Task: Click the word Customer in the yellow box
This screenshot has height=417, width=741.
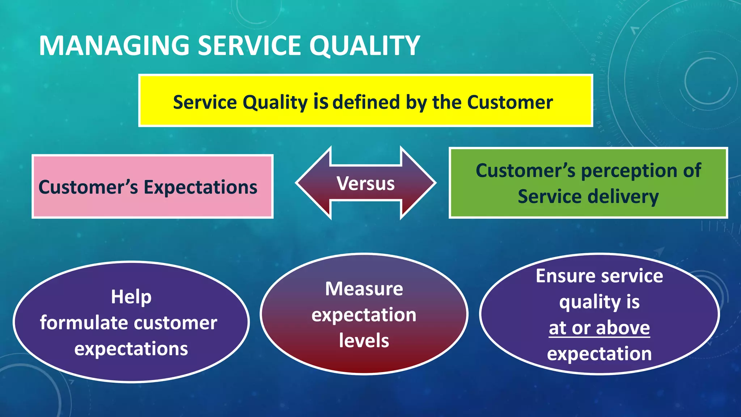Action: (510, 102)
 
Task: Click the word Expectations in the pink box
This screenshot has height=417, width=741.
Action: (200, 188)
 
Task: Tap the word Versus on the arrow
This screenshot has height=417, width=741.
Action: (365, 183)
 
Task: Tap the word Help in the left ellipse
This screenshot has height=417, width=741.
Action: (131, 297)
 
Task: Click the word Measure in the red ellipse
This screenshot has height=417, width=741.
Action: (364, 289)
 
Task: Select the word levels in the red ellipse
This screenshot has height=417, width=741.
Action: (364, 341)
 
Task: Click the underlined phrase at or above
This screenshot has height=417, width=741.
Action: (599, 328)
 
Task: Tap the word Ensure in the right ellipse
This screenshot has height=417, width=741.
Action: (564, 276)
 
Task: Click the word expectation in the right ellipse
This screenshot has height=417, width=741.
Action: (599, 354)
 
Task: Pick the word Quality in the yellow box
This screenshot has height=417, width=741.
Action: (275, 102)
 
